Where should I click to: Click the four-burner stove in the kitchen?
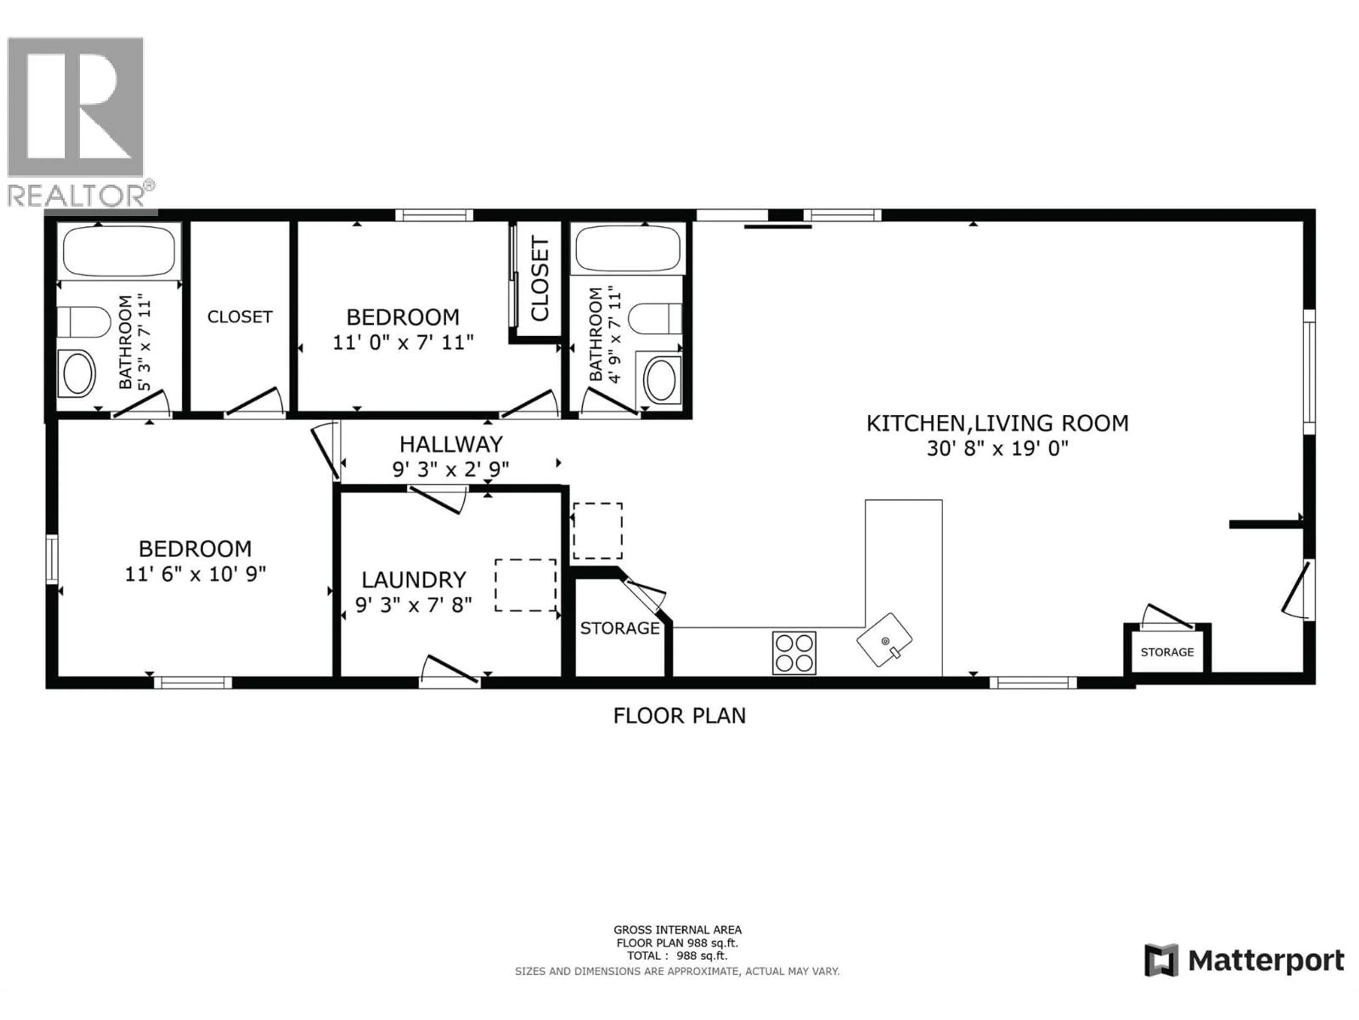click(x=795, y=652)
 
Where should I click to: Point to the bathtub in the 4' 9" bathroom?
click(x=628, y=248)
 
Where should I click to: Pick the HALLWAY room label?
click(x=451, y=444)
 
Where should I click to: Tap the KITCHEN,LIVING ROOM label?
click(x=997, y=423)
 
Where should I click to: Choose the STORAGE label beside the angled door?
click(x=619, y=628)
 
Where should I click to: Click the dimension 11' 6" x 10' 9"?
click(x=195, y=574)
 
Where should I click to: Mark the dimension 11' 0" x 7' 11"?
click(x=403, y=342)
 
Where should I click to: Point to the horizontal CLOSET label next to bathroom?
click(x=240, y=317)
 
